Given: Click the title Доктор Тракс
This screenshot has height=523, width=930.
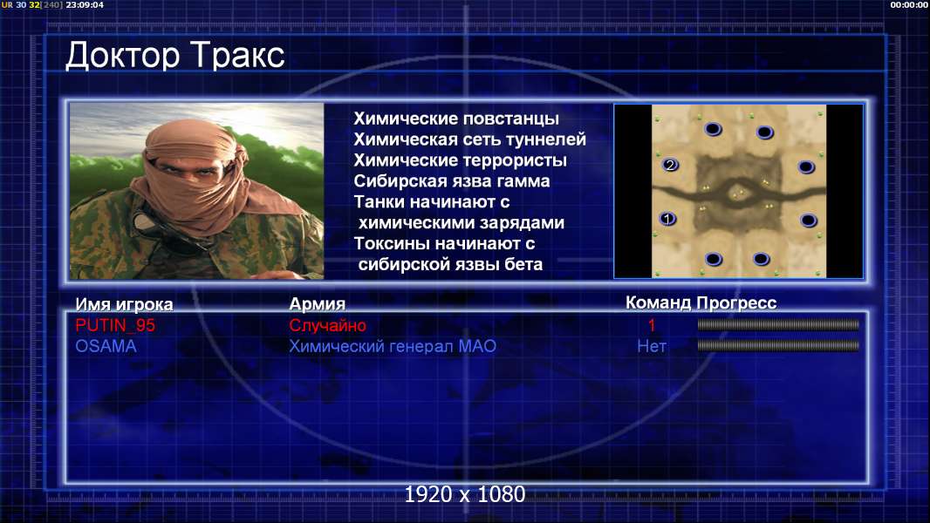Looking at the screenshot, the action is [x=175, y=56].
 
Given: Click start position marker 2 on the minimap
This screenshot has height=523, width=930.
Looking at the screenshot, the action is [x=670, y=165].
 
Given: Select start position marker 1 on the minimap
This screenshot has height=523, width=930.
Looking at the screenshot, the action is [x=668, y=219].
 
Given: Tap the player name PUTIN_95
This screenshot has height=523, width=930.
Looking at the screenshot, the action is [x=115, y=325].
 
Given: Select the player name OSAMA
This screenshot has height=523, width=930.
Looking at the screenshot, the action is [x=106, y=346].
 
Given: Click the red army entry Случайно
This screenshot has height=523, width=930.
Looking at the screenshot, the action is [x=327, y=325].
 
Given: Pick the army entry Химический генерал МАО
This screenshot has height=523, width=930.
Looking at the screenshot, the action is [x=392, y=346].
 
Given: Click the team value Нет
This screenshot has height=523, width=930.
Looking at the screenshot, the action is [x=651, y=346].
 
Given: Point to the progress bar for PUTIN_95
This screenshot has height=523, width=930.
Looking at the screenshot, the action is [x=778, y=324].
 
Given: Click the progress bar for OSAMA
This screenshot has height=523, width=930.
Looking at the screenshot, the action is [x=778, y=345].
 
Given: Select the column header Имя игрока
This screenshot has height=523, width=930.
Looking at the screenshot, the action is [x=124, y=304].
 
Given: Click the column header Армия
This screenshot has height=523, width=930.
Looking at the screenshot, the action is [x=317, y=304].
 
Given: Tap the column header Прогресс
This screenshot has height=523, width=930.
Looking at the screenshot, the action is [x=736, y=302].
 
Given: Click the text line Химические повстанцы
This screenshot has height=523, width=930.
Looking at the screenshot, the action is [x=456, y=119].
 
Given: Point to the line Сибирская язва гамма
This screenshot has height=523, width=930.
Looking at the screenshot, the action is [x=451, y=180].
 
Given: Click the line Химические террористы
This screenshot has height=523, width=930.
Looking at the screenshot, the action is [x=461, y=160].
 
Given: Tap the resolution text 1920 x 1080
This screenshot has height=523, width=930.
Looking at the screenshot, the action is [x=465, y=494].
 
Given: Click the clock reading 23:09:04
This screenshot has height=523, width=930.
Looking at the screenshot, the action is [x=85, y=4].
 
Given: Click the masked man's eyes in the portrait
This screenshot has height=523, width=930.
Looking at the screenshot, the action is [x=185, y=170].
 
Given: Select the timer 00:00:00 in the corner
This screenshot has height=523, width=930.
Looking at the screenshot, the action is [x=909, y=4].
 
